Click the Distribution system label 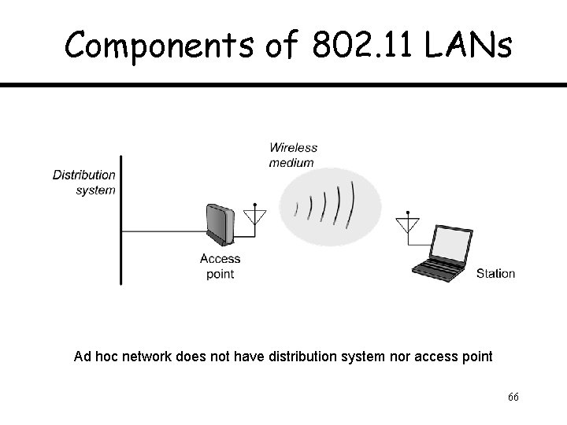click(84, 182)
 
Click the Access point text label click(220, 266)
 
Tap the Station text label click(495, 274)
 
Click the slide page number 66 click(513, 397)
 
